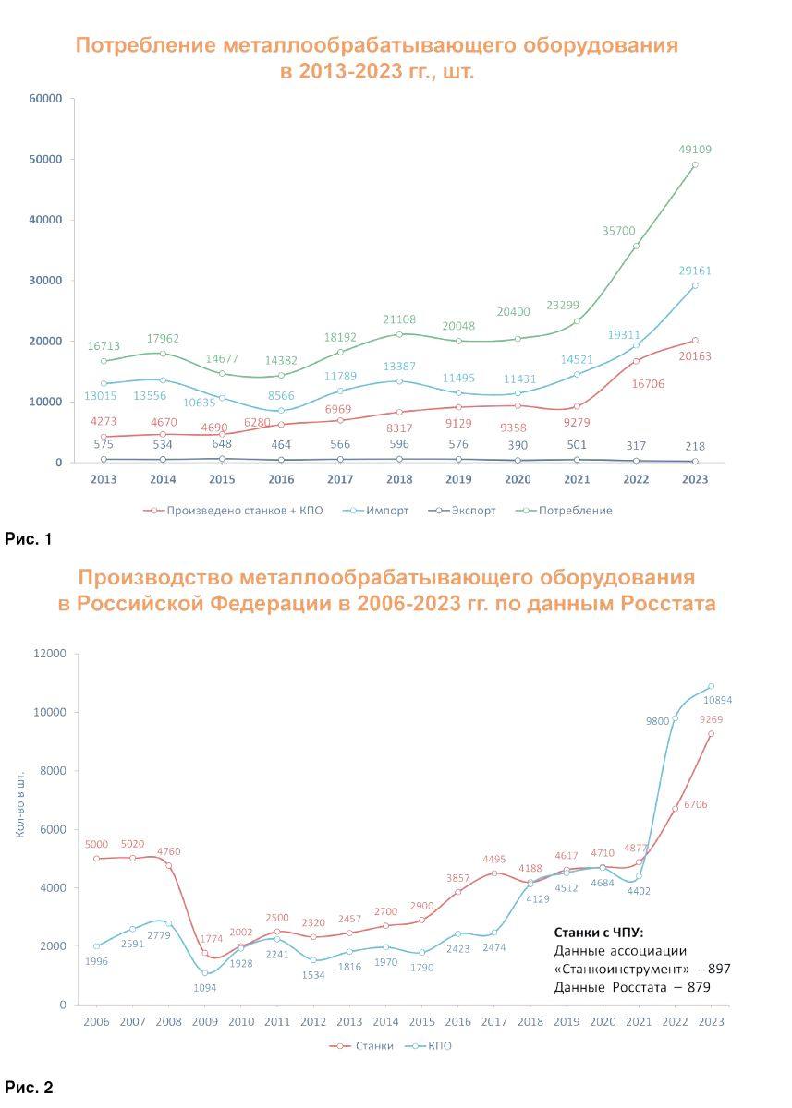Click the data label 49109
(x=694, y=150)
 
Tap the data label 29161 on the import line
(x=694, y=271)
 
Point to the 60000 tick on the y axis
(x=45, y=99)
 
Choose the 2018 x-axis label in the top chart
(x=399, y=479)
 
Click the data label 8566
(x=281, y=394)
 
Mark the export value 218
(x=694, y=445)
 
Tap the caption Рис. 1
(x=29, y=538)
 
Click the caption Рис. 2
(x=29, y=1088)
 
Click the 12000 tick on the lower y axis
(x=52, y=654)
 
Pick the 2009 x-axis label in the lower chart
(x=205, y=1022)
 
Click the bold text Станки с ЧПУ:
(x=597, y=932)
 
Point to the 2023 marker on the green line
(x=695, y=165)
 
